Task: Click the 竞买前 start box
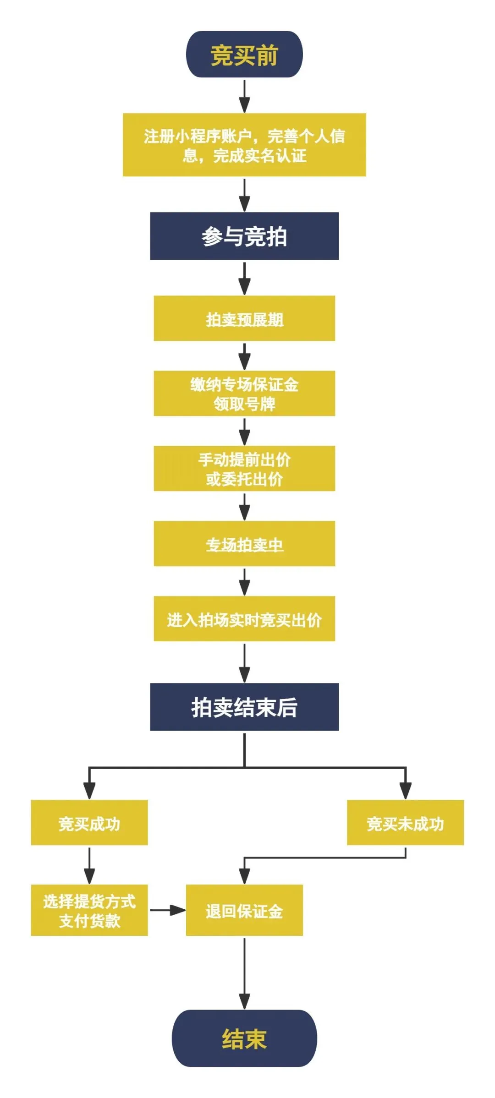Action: pyautogui.click(x=244, y=55)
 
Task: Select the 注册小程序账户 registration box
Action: pyautogui.click(x=244, y=145)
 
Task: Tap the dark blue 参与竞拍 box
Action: pyautogui.click(x=244, y=236)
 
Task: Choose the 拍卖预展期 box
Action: pyautogui.click(x=244, y=318)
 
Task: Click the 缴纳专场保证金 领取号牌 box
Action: pyautogui.click(x=244, y=393)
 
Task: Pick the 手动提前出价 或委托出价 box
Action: pyautogui.click(x=244, y=469)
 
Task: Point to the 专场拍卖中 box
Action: pyautogui.click(x=244, y=544)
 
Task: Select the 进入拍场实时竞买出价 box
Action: pyautogui.click(x=244, y=619)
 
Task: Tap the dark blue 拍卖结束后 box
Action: pyautogui.click(x=244, y=707)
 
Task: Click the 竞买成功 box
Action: pyautogui.click(x=89, y=823)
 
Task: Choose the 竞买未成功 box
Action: pyautogui.click(x=405, y=823)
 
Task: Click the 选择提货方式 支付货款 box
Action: pyautogui.click(x=89, y=910)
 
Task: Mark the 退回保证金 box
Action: pyautogui.click(x=244, y=910)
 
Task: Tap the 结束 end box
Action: pyautogui.click(x=244, y=1038)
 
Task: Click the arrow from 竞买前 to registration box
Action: pyautogui.click(x=245, y=96)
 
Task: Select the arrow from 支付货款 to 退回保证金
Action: pyautogui.click(x=167, y=910)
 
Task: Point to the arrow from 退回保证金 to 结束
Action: pyautogui.click(x=245, y=973)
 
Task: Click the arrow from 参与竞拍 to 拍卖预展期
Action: pyautogui.click(x=245, y=278)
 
